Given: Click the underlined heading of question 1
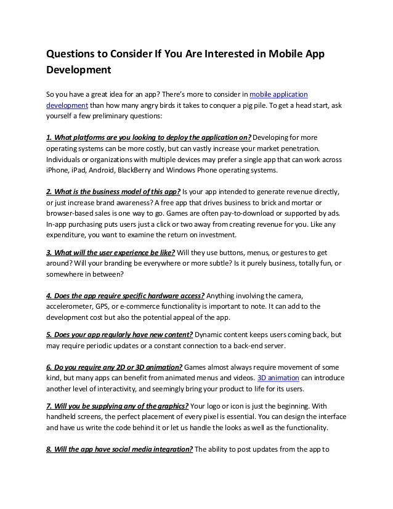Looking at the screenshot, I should [150, 136].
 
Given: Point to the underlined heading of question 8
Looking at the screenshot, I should [120, 448].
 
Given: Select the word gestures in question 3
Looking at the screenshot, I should [291, 252].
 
